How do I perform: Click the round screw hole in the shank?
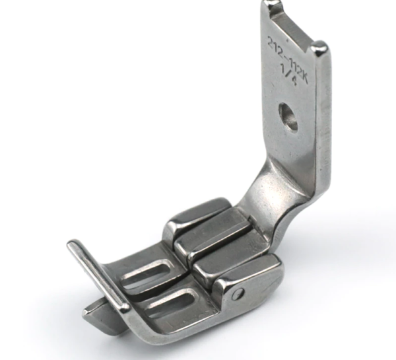(x=288, y=117)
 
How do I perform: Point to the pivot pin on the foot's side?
(x=238, y=294)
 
